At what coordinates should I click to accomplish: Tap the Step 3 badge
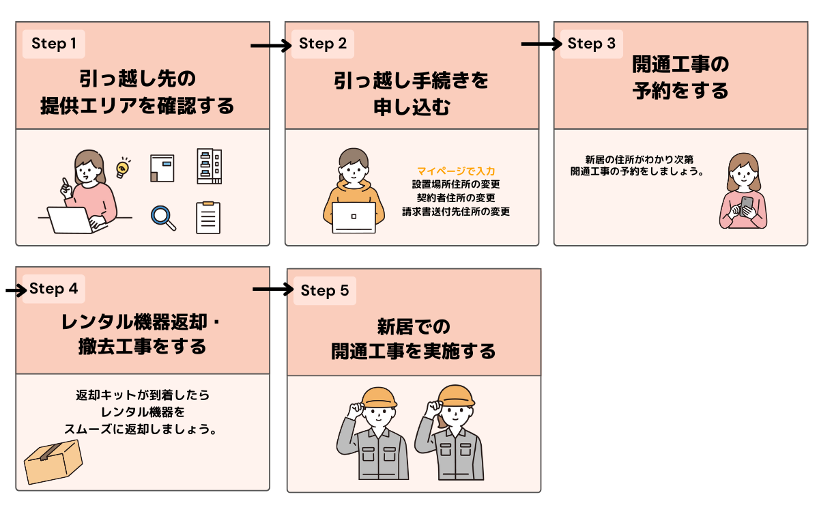click(x=592, y=44)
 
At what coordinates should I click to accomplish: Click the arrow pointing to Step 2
click(x=271, y=46)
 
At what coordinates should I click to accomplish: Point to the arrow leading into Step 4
click(x=14, y=290)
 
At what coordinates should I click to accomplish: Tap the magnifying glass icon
click(x=163, y=216)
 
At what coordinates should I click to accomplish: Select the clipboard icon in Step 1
click(x=208, y=217)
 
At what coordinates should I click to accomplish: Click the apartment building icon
click(x=208, y=166)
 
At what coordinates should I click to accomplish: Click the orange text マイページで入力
click(x=456, y=171)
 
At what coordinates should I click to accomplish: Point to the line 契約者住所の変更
click(x=456, y=198)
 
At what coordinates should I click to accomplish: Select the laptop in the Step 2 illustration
click(x=354, y=217)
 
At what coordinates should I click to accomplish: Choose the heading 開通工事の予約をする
click(x=680, y=78)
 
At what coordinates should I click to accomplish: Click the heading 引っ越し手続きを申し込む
click(x=412, y=94)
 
